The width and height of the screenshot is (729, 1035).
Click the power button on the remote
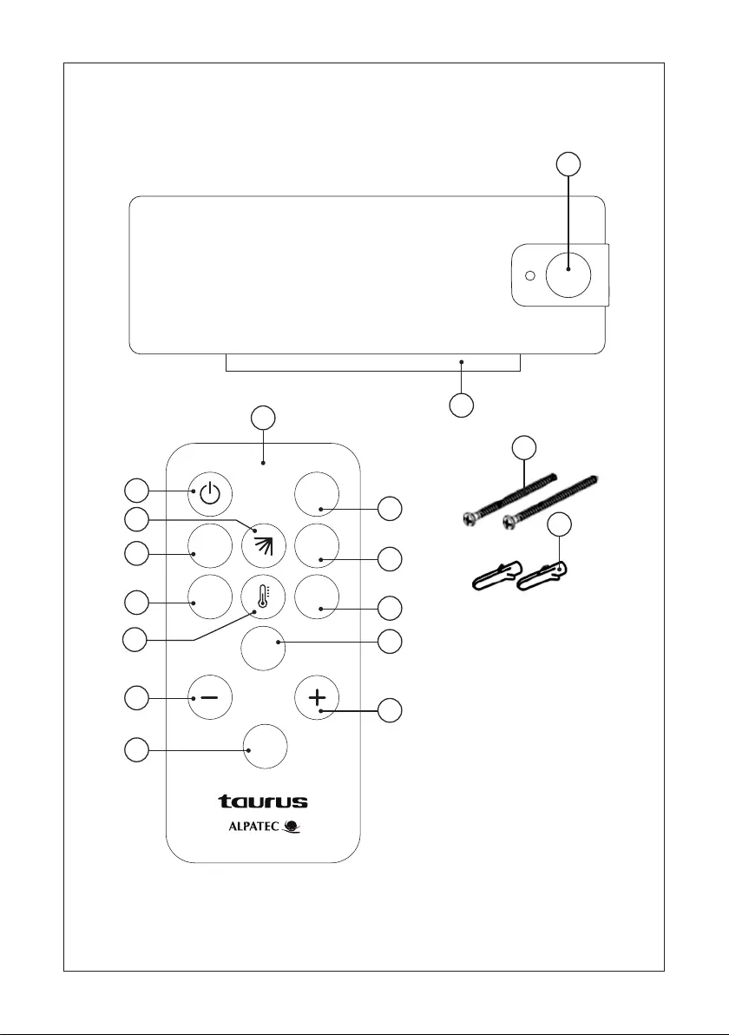[210, 493]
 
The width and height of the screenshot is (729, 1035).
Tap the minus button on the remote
[210, 698]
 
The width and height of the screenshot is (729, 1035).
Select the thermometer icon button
[263, 597]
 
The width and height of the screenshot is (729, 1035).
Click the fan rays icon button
[263, 546]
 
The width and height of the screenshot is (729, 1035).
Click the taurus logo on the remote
[263, 801]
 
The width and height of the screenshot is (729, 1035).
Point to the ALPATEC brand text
[254, 826]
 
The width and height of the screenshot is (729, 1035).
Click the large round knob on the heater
[568, 274]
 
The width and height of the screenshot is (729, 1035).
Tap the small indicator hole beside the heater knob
[529, 275]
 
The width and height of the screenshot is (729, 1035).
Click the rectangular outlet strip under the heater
[373, 362]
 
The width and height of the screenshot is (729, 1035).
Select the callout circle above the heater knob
[568, 164]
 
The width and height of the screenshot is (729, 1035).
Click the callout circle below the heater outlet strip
[461, 405]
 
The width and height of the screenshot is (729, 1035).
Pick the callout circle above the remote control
[263, 418]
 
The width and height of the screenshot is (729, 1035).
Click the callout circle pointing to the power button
[136, 491]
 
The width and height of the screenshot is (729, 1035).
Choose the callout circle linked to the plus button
[390, 710]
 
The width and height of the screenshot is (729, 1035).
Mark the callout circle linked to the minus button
[136, 698]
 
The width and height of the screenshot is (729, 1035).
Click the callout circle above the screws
[524, 447]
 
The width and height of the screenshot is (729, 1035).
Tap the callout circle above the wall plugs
[560, 524]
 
